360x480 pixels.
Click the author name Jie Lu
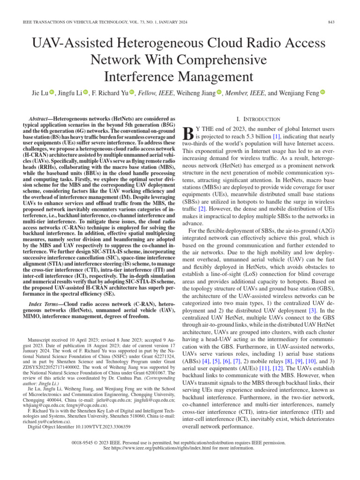coord(39,93)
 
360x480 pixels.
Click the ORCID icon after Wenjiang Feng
coord(322,93)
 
